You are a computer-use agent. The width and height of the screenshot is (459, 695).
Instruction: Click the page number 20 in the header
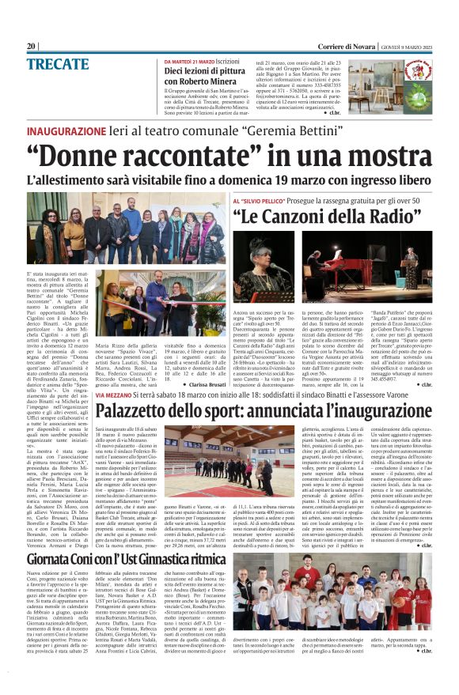click(32, 45)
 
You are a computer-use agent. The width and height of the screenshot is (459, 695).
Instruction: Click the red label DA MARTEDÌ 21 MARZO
click(189, 61)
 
